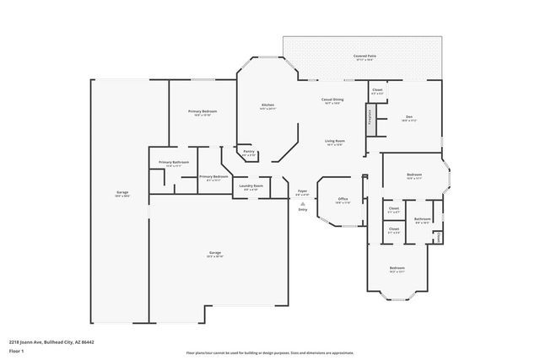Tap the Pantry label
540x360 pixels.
[249, 152]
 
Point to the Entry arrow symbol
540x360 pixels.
[302, 202]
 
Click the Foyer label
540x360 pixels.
[302, 191]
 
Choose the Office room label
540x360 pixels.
[343, 199]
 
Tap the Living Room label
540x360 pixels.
[334, 141]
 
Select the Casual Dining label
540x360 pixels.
[331, 99]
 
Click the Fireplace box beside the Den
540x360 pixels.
[369, 117]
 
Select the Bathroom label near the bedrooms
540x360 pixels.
[422, 219]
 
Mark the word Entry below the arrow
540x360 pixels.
[302, 209]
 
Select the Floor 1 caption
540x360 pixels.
[15, 351]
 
